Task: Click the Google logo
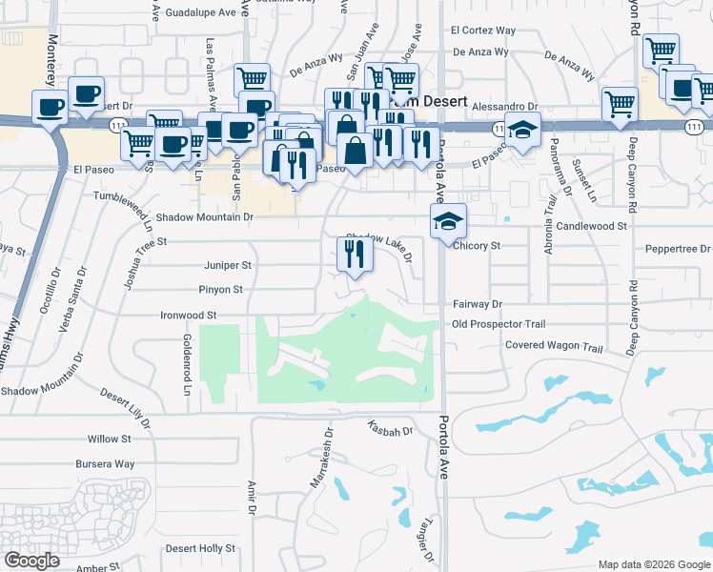tap(31, 561)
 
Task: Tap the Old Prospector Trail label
tap(499, 324)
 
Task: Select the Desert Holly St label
tap(200, 548)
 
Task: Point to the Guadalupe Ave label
tap(199, 13)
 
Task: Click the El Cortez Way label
tap(483, 31)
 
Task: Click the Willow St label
tap(109, 439)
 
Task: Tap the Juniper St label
tap(227, 265)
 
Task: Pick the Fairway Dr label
tap(477, 303)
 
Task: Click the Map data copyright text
tap(653, 563)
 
